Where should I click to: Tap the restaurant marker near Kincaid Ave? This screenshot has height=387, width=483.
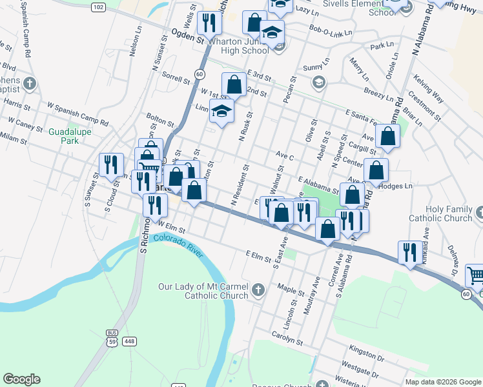pos(409,252)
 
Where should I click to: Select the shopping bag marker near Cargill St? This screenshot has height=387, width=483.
pos(387,135)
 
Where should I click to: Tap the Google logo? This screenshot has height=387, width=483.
pos(21,379)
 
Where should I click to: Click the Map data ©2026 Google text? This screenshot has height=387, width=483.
pos(443,382)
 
